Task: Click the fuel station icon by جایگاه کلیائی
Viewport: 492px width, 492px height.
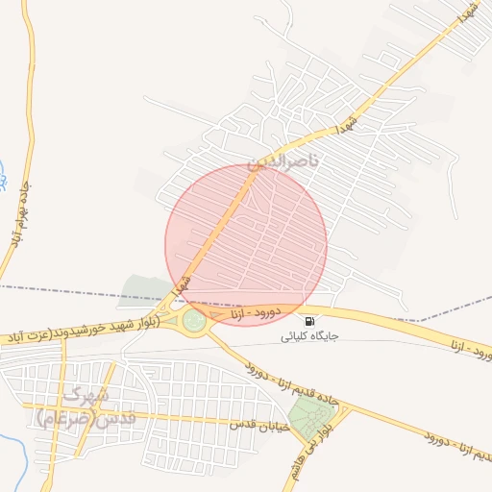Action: point(309,321)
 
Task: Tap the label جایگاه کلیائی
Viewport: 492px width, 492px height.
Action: point(308,337)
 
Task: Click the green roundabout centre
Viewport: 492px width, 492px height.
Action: point(194,320)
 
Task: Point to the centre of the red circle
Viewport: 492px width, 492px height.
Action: point(246,245)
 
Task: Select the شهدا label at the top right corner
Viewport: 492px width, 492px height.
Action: point(467,13)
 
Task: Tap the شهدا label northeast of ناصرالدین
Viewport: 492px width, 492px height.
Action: point(348,124)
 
